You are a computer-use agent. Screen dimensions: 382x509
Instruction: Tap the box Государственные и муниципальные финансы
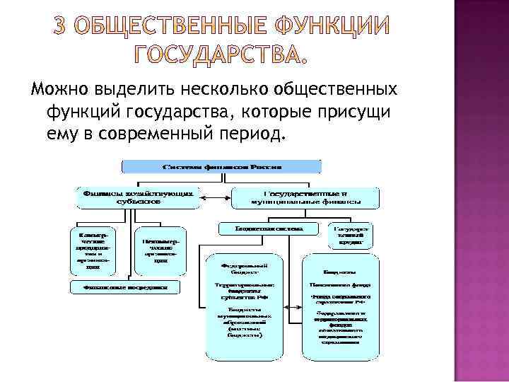pyautogui.click(x=306, y=197)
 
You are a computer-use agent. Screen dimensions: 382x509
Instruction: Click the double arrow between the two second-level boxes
pyautogui.click(x=216, y=197)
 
